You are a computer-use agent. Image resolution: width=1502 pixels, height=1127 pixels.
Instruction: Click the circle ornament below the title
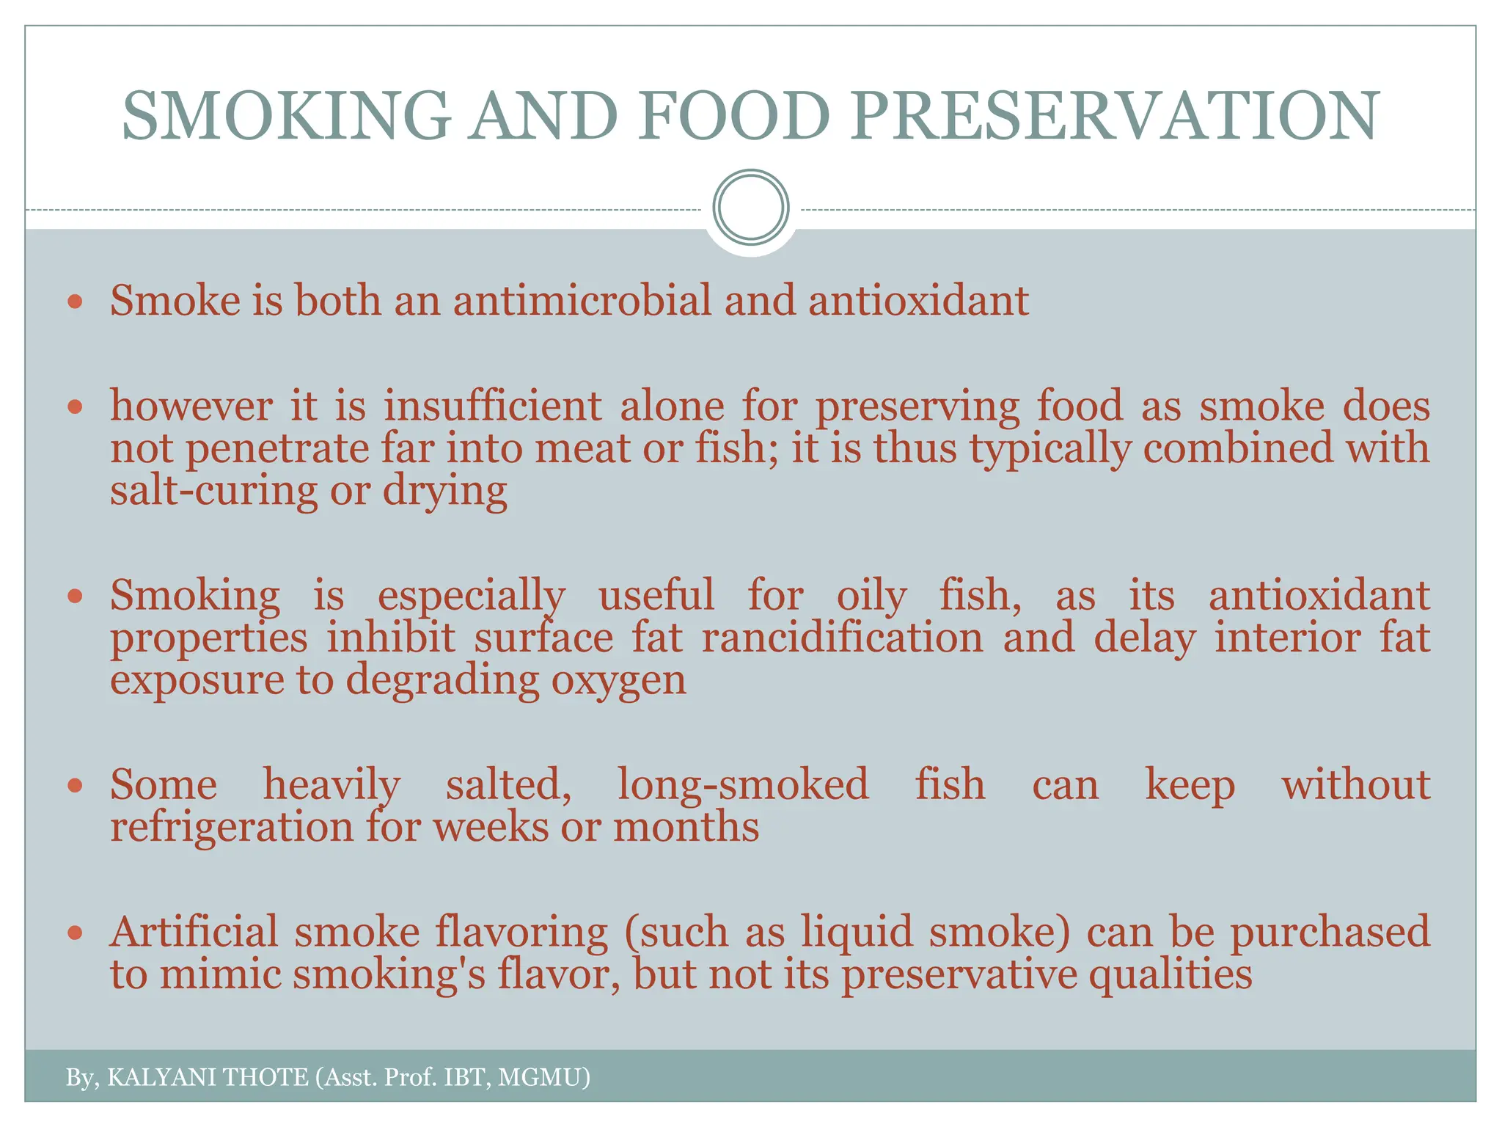pos(751,207)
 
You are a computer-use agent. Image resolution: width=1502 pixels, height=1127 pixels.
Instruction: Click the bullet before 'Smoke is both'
pos(75,302)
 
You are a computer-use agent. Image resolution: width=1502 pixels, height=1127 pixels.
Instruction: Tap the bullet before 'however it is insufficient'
pos(75,406)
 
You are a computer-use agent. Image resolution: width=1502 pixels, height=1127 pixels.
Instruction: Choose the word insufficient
pos(492,406)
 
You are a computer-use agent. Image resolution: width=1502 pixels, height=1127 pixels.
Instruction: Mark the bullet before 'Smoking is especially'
pos(75,596)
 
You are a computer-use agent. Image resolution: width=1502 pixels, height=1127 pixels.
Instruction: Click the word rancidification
pos(842,637)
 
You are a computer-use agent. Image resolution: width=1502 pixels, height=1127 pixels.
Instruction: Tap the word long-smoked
pos(743,784)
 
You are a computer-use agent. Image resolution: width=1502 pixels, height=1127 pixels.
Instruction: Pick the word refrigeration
pos(232,828)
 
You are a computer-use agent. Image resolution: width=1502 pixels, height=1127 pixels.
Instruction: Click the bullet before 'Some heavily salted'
pos(75,786)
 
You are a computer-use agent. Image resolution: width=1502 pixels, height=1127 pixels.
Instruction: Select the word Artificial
pos(194,932)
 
